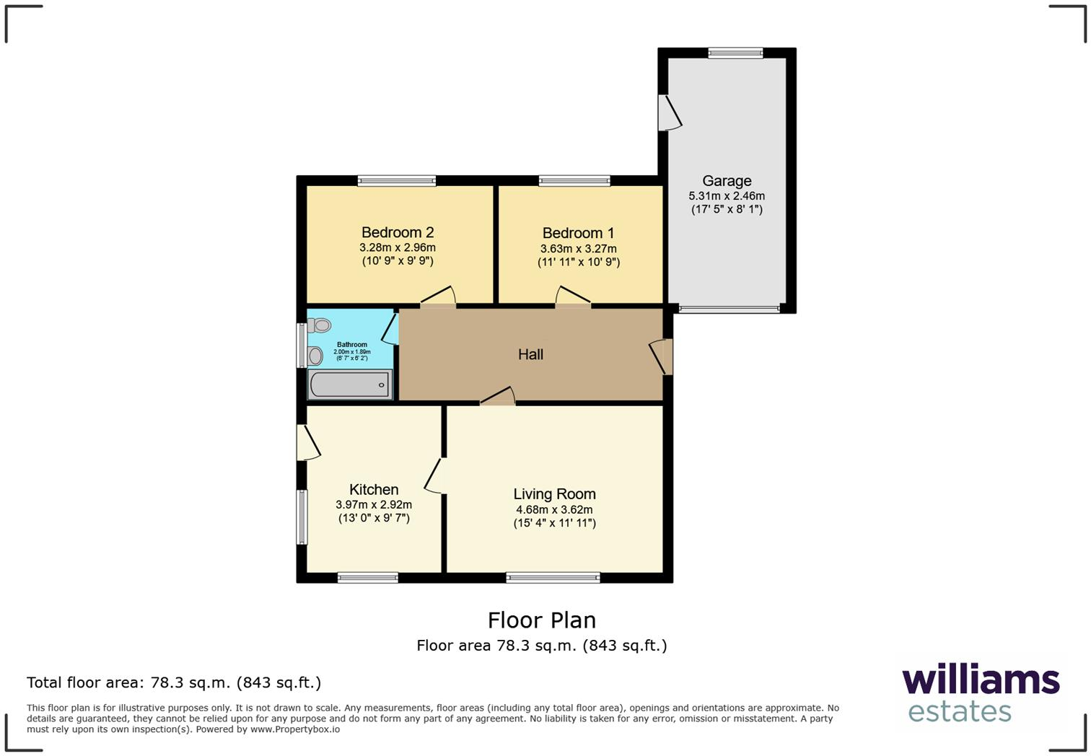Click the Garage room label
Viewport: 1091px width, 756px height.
pos(727,181)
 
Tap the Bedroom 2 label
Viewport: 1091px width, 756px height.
pos(398,232)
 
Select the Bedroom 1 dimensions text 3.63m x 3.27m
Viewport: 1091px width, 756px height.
pos(578,248)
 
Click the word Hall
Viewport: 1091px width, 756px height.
pos(530,354)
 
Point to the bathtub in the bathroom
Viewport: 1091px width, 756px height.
pos(350,384)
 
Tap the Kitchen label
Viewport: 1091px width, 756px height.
pos(374,490)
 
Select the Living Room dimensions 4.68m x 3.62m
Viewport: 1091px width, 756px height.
pos(554,509)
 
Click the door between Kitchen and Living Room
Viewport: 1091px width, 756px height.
pos(436,476)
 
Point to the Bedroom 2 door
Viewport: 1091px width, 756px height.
pos(439,299)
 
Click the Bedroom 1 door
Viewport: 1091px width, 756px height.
pos(572,299)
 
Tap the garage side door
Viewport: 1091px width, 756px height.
pos(669,113)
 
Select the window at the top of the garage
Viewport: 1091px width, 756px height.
pos(735,53)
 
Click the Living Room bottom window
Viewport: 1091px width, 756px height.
pos(553,577)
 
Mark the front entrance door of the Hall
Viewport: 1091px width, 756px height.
pos(662,356)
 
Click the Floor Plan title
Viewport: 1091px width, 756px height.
pos(541,620)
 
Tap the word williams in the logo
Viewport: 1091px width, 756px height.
pos(981,680)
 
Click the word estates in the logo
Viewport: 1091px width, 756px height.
pos(959,712)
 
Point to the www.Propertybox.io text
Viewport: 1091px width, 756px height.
pos(294,729)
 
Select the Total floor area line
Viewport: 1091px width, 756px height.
pos(174,682)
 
